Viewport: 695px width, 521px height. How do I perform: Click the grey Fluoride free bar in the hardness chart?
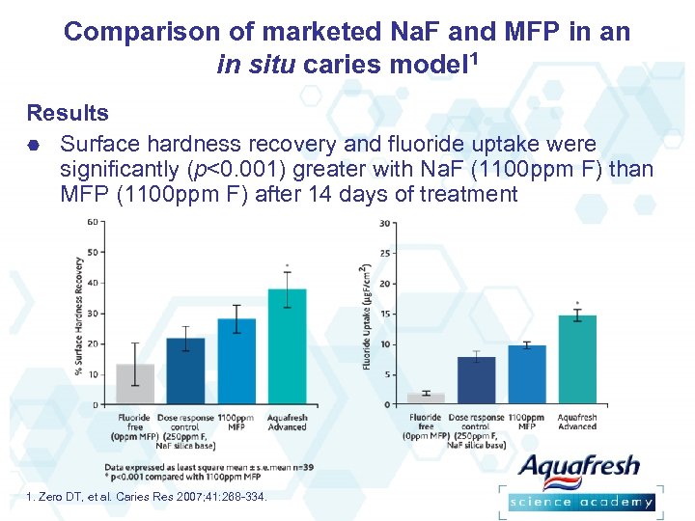pos(134,384)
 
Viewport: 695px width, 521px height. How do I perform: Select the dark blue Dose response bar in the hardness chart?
pos(185,371)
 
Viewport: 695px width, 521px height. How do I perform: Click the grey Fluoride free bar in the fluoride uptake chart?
pos(426,398)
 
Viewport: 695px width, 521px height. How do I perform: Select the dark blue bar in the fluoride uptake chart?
pos(476,380)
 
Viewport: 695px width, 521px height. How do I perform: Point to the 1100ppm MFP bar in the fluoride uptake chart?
pos(527,374)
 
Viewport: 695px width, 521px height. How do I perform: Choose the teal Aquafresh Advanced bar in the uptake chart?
pos(577,360)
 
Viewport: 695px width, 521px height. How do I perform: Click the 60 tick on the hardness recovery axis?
pos(92,222)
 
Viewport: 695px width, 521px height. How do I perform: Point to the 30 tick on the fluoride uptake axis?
pos(384,224)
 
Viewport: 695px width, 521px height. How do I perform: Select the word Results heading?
pos(68,113)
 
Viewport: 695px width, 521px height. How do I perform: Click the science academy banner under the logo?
pos(582,502)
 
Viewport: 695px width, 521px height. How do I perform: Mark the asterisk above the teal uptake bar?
pos(577,303)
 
